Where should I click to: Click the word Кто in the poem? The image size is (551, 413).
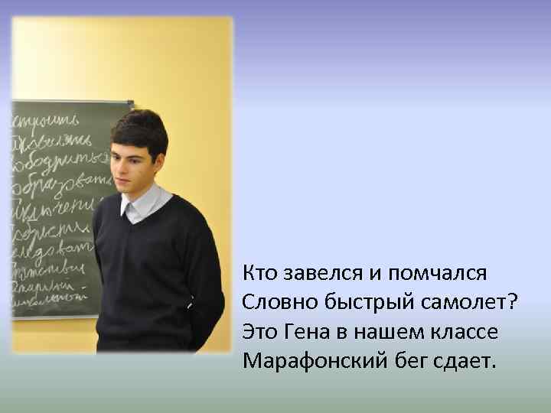coord(259,272)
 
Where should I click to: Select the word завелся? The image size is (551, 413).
coord(314,272)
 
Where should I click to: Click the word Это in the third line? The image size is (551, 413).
coord(259,332)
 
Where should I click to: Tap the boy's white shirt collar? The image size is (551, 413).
coord(142,203)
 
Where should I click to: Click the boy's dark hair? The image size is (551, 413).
coord(139,127)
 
